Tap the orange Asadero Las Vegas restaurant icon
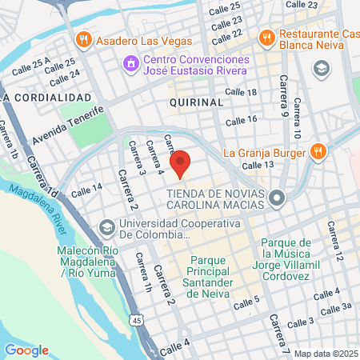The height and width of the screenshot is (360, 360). pyautogui.click(x=82, y=39)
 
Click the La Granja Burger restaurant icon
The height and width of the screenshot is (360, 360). pyautogui.click(x=318, y=151)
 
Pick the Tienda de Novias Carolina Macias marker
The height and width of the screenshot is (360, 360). pyautogui.click(x=277, y=197)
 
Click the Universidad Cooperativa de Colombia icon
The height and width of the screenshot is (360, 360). pyautogui.click(x=106, y=230)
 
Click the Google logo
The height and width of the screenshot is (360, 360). pyautogui.click(x=26, y=350)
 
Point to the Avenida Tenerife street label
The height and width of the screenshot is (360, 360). pyautogui.click(x=69, y=126)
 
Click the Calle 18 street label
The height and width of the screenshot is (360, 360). pyautogui.click(x=242, y=93)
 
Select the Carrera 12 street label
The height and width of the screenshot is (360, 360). pyautogui.click(x=335, y=245)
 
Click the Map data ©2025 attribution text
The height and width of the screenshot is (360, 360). pyautogui.click(x=325, y=354)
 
